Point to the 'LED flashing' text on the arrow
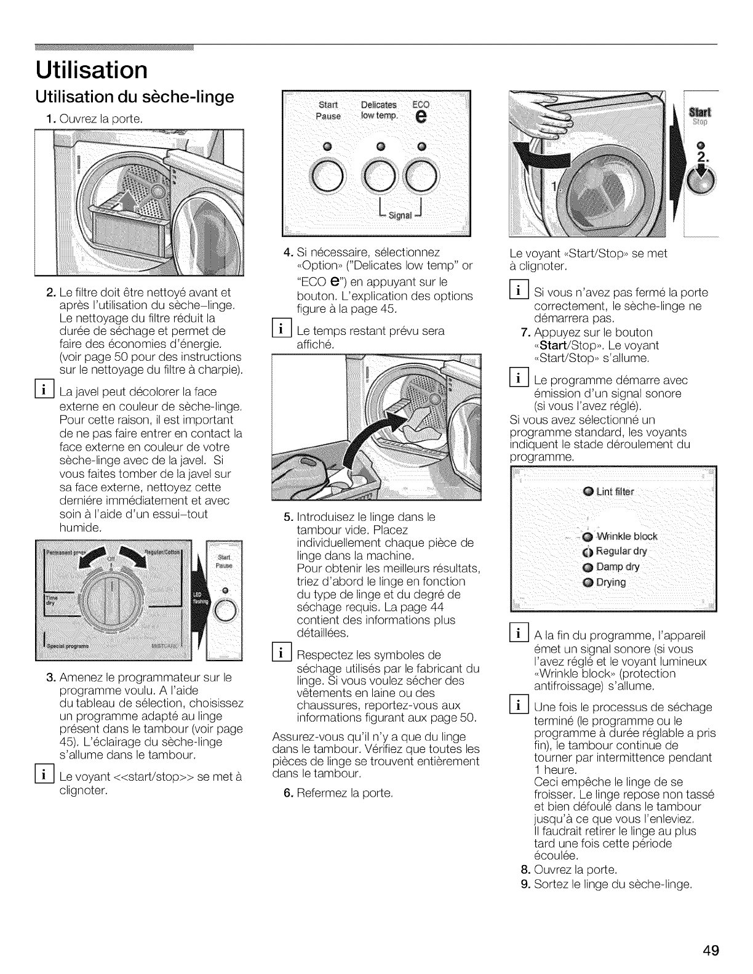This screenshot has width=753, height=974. (x=198, y=600)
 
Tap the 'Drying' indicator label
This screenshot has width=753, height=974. (x=611, y=582)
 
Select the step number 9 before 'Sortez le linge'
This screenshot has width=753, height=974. (x=525, y=885)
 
